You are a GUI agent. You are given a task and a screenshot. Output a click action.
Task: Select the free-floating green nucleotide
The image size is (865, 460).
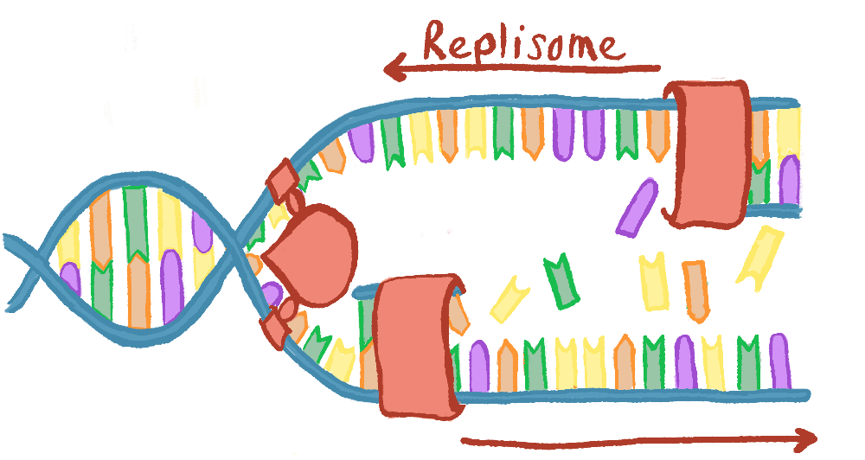pos(561,280)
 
